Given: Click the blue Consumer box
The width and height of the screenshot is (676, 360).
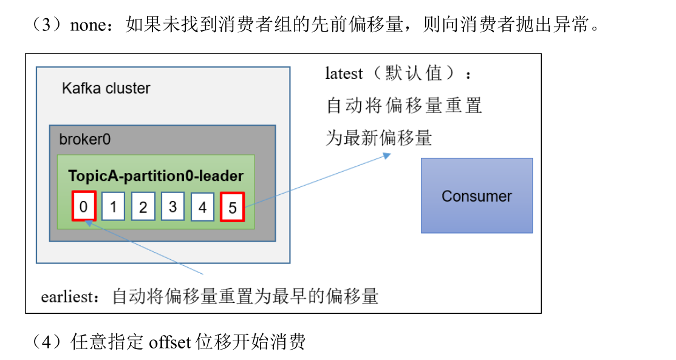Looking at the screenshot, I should [x=477, y=195].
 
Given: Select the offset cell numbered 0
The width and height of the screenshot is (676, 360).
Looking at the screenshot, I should [x=84, y=206].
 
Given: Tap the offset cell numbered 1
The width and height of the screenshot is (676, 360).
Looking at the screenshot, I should [x=113, y=207].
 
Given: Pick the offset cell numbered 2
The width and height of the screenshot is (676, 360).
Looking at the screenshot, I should [x=143, y=207].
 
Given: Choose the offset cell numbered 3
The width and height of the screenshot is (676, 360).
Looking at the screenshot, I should [x=172, y=207].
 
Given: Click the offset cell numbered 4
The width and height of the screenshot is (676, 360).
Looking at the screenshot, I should [x=202, y=207].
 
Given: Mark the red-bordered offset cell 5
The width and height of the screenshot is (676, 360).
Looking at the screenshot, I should [x=233, y=207].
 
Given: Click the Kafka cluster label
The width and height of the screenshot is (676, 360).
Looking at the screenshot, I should [x=106, y=88].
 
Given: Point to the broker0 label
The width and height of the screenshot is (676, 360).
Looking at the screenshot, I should [x=85, y=139].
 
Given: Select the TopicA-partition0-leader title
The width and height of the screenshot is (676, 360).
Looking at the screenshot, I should [x=155, y=176].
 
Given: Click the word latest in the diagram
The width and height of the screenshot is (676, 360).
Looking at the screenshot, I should [x=344, y=74].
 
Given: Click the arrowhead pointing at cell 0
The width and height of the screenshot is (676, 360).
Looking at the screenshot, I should [x=89, y=223].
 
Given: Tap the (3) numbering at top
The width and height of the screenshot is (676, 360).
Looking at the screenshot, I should [x=47, y=25].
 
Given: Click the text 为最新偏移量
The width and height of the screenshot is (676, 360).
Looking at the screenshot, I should [x=378, y=138].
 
